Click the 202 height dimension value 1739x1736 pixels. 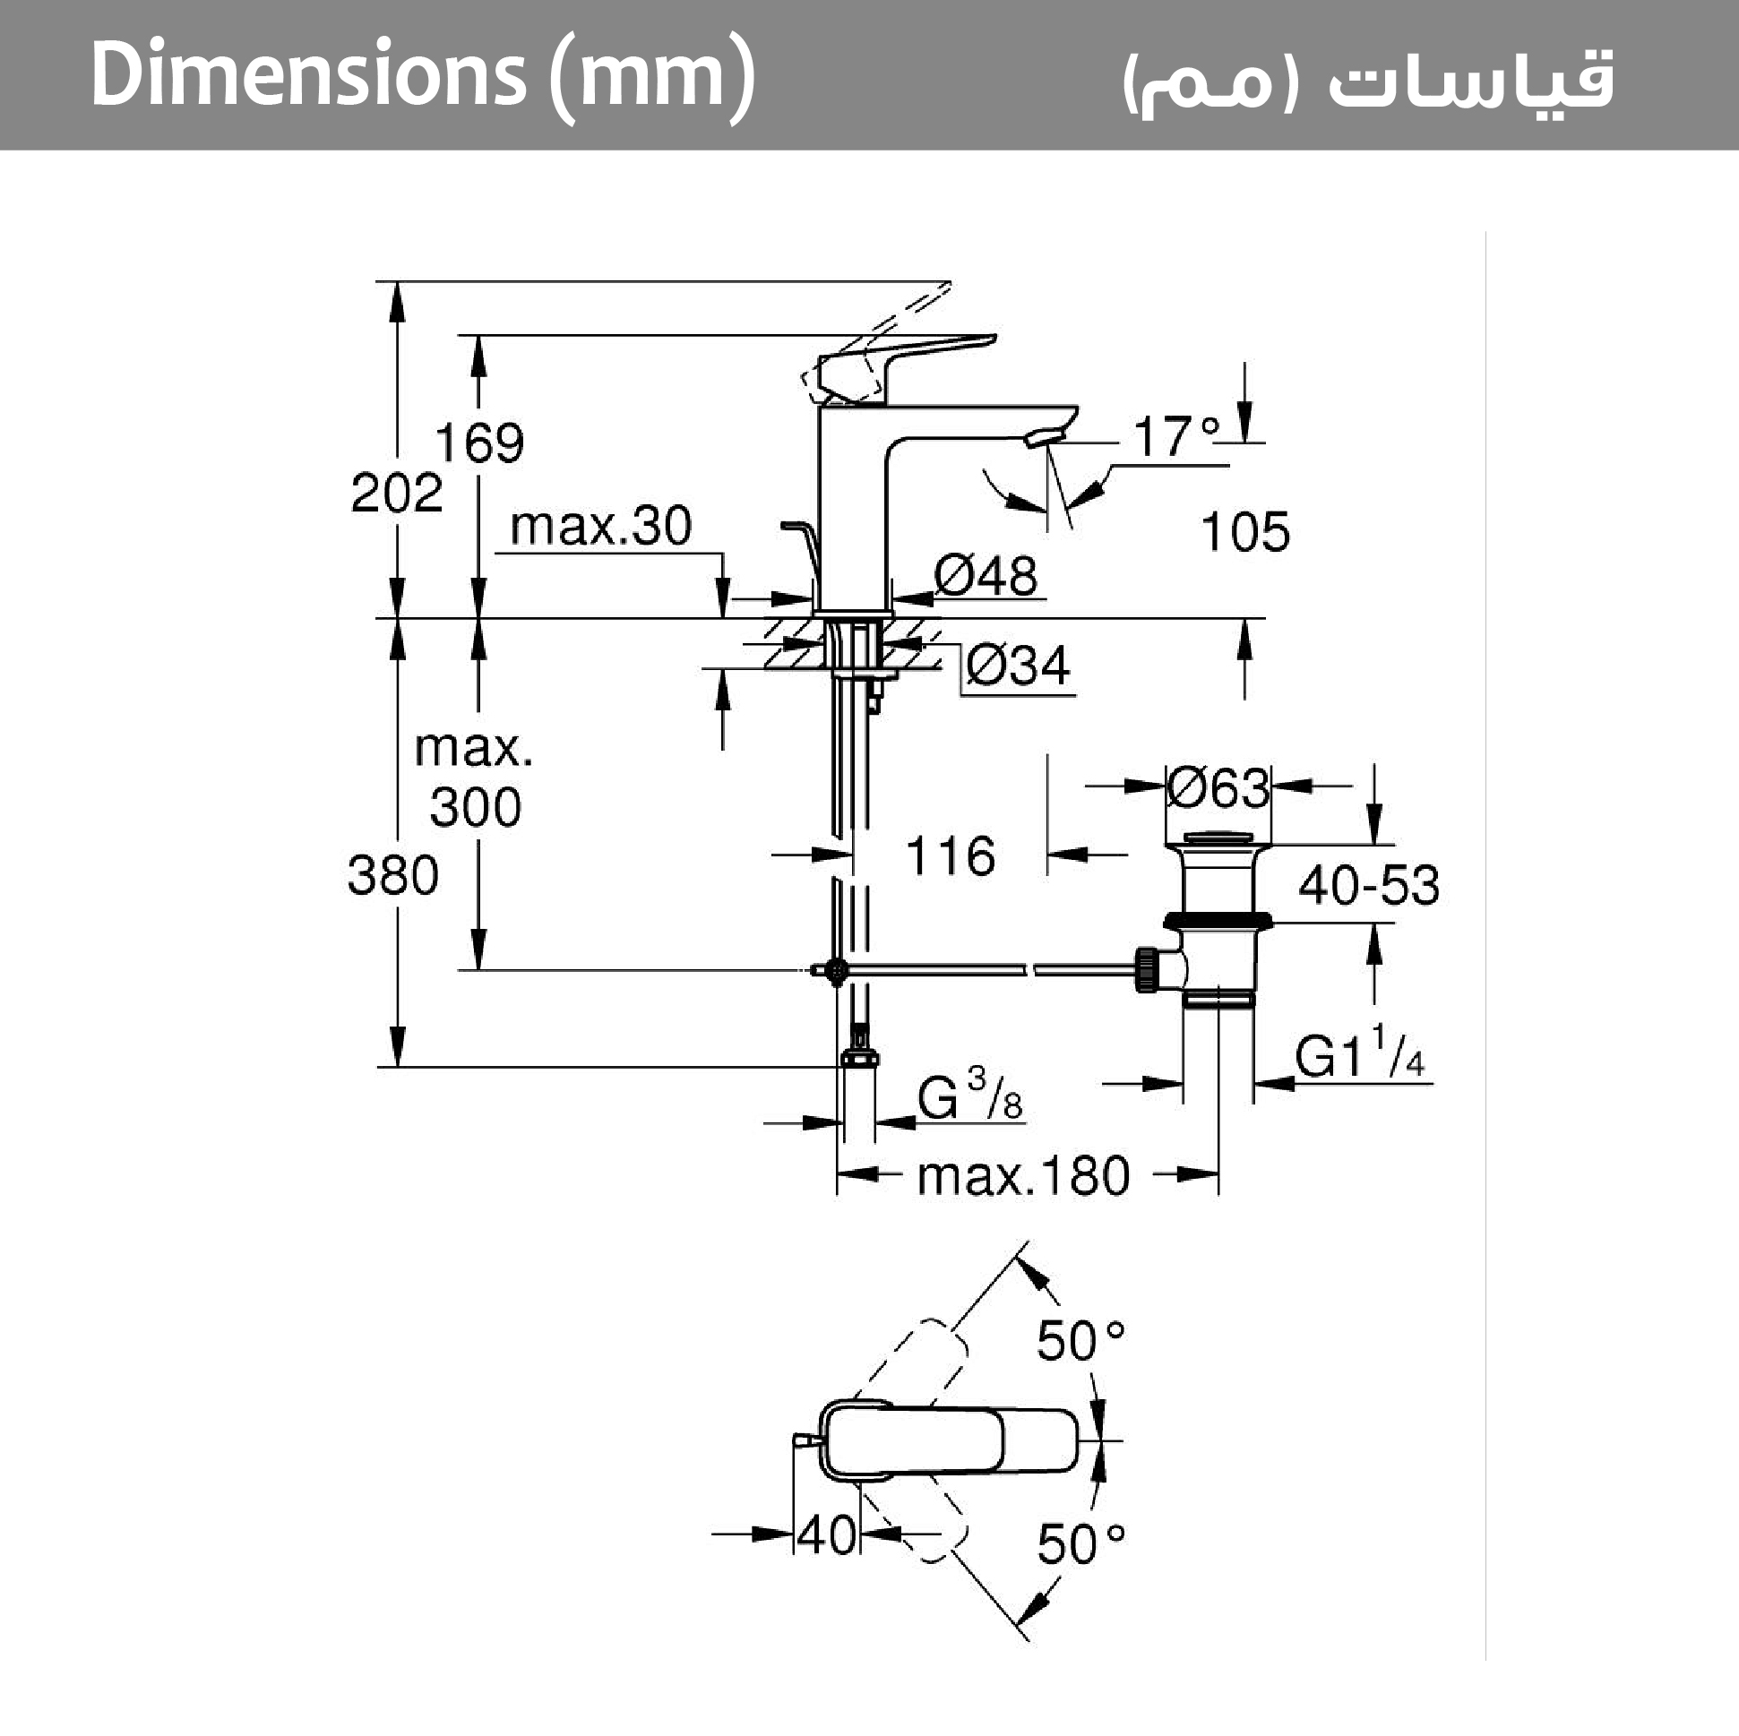[x=396, y=494]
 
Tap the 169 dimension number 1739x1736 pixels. [x=478, y=443]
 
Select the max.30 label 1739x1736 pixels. [x=600, y=527]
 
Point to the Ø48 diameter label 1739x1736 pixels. [x=986, y=575]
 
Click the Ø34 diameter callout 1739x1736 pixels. [x=1018, y=666]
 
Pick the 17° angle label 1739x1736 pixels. [x=1175, y=437]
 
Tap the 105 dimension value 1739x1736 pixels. [x=1244, y=532]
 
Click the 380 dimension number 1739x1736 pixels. [x=392, y=876]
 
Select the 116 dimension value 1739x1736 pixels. [x=951, y=855]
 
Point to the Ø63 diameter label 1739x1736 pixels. [x=1218, y=788]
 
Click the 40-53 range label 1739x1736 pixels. [x=1368, y=886]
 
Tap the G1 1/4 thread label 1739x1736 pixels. [x=1359, y=1054]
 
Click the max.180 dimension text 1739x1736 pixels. [x=1022, y=1176]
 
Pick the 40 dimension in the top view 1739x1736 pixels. [x=826, y=1535]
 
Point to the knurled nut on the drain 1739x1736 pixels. [x=1148, y=969]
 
